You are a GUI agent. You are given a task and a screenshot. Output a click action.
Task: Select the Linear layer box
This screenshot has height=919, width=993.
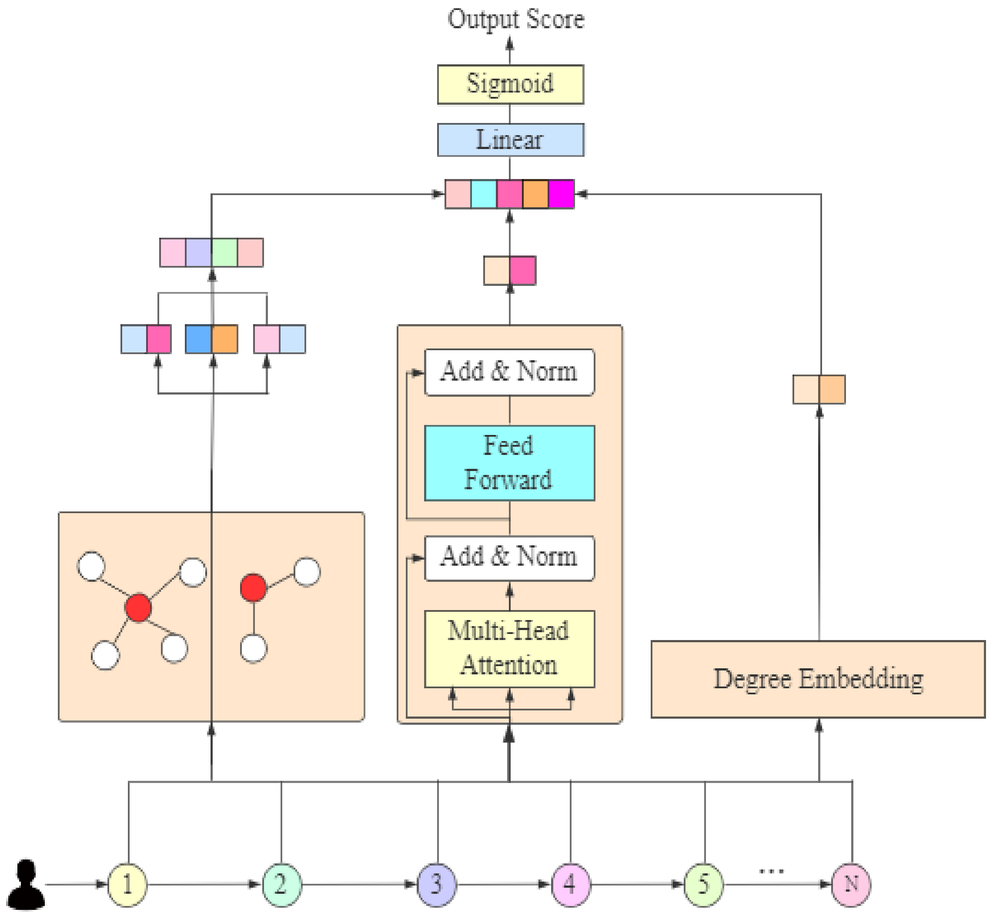pyautogui.click(x=510, y=140)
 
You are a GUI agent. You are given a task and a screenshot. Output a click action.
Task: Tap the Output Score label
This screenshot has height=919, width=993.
pyautogui.click(x=516, y=20)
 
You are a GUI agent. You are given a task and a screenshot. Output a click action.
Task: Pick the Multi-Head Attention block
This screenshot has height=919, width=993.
pyautogui.click(x=509, y=648)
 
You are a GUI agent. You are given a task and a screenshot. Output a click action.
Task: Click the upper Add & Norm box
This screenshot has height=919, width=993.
pyautogui.click(x=509, y=372)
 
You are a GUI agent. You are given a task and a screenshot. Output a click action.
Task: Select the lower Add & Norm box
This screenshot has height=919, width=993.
pyautogui.click(x=509, y=557)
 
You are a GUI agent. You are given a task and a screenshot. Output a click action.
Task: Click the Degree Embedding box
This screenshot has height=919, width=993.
pyautogui.click(x=818, y=679)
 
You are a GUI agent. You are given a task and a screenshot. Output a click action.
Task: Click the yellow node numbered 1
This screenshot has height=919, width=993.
pyautogui.click(x=127, y=885)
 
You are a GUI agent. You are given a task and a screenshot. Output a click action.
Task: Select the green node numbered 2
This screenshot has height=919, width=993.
pyautogui.click(x=281, y=885)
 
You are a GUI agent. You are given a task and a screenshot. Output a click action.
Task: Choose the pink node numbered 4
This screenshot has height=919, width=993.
pyautogui.click(x=570, y=885)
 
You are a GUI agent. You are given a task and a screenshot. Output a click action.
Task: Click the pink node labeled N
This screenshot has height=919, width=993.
pyautogui.click(x=851, y=885)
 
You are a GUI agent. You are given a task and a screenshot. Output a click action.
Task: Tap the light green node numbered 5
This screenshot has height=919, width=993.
pyautogui.click(x=703, y=885)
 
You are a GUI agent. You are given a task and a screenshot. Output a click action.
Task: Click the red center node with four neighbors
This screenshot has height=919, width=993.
pyautogui.click(x=138, y=607)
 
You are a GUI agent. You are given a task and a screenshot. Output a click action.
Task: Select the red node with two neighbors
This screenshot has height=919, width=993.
pyautogui.click(x=253, y=587)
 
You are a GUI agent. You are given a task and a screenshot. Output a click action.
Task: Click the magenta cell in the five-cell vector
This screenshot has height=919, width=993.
pyautogui.click(x=561, y=194)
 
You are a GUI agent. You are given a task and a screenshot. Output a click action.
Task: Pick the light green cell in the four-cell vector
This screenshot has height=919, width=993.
pyautogui.click(x=224, y=252)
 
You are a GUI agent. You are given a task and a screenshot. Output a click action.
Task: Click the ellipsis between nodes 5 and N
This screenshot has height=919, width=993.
pyautogui.click(x=771, y=871)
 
